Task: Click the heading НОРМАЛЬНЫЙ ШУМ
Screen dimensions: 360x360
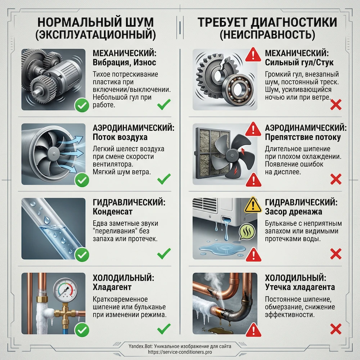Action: [95, 22]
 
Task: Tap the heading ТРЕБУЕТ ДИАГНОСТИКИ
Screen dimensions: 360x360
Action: [267, 22]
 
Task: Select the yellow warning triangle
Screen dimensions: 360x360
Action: [253, 205]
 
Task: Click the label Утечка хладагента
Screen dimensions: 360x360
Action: [300, 287]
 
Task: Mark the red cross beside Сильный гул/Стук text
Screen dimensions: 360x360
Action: [336, 104]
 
